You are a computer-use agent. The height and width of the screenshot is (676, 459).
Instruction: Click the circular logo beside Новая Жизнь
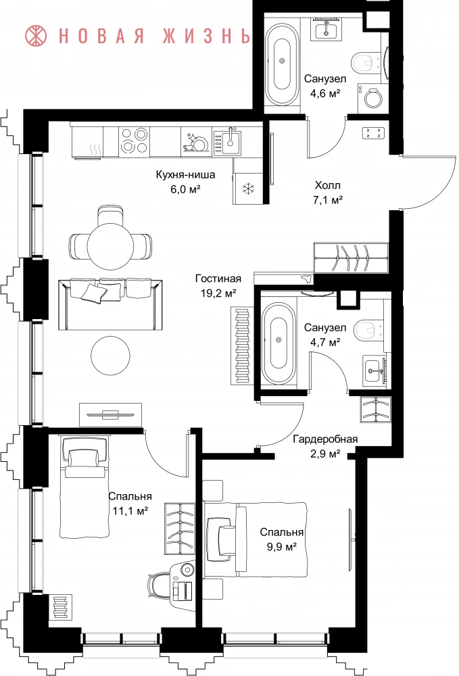click(x=36, y=35)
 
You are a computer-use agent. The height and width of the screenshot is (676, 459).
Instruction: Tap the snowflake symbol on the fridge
click(x=249, y=188)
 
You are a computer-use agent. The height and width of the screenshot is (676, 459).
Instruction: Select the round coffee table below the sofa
click(x=110, y=356)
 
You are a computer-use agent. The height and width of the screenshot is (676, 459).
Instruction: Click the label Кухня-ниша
click(x=185, y=174)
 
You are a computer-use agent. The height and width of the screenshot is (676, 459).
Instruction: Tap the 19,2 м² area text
click(x=218, y=293)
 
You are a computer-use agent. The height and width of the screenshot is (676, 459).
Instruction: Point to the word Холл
click(x=328, y=185)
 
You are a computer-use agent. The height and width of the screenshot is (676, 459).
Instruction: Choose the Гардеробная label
click(x=325, y=439)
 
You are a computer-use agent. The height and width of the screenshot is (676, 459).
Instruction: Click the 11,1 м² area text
click(x=130, y=511)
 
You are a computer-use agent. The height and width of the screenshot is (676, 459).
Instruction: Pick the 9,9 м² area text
click(x=281, y=547)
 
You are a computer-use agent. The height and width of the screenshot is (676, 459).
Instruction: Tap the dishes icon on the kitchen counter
click(x=195, y=141)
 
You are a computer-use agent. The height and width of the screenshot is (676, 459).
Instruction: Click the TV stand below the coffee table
click(x=110, y=415)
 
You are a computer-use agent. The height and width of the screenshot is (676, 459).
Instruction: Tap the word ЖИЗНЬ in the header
click(x=207, y=36)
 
